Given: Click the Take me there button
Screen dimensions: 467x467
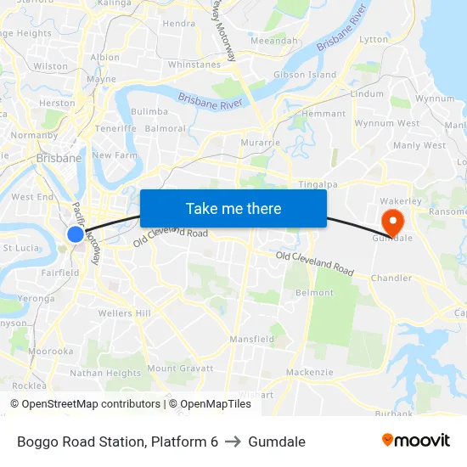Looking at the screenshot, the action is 233,208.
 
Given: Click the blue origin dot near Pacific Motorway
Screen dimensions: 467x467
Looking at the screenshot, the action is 76,234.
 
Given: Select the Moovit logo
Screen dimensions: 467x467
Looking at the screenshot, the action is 416,440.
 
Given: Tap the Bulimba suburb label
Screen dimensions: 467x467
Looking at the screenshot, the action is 149,111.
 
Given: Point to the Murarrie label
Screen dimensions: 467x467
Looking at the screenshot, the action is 261,143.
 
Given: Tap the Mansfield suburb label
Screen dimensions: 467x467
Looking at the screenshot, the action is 251,339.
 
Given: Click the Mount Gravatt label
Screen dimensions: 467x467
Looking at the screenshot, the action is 180,369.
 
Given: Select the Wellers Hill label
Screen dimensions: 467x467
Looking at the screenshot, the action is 124,313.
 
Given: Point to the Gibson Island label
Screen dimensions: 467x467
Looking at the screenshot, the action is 304,75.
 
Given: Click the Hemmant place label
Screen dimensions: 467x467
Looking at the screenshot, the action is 324,114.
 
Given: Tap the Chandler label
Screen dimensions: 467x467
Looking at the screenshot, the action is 391,278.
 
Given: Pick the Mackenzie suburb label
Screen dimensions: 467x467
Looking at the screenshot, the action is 310,373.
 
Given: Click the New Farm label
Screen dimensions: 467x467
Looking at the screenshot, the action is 114,155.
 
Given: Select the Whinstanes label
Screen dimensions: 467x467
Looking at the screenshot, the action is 194,65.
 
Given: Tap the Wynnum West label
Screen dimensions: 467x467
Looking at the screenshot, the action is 386,123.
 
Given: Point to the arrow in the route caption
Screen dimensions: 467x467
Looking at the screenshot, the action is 233,442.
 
